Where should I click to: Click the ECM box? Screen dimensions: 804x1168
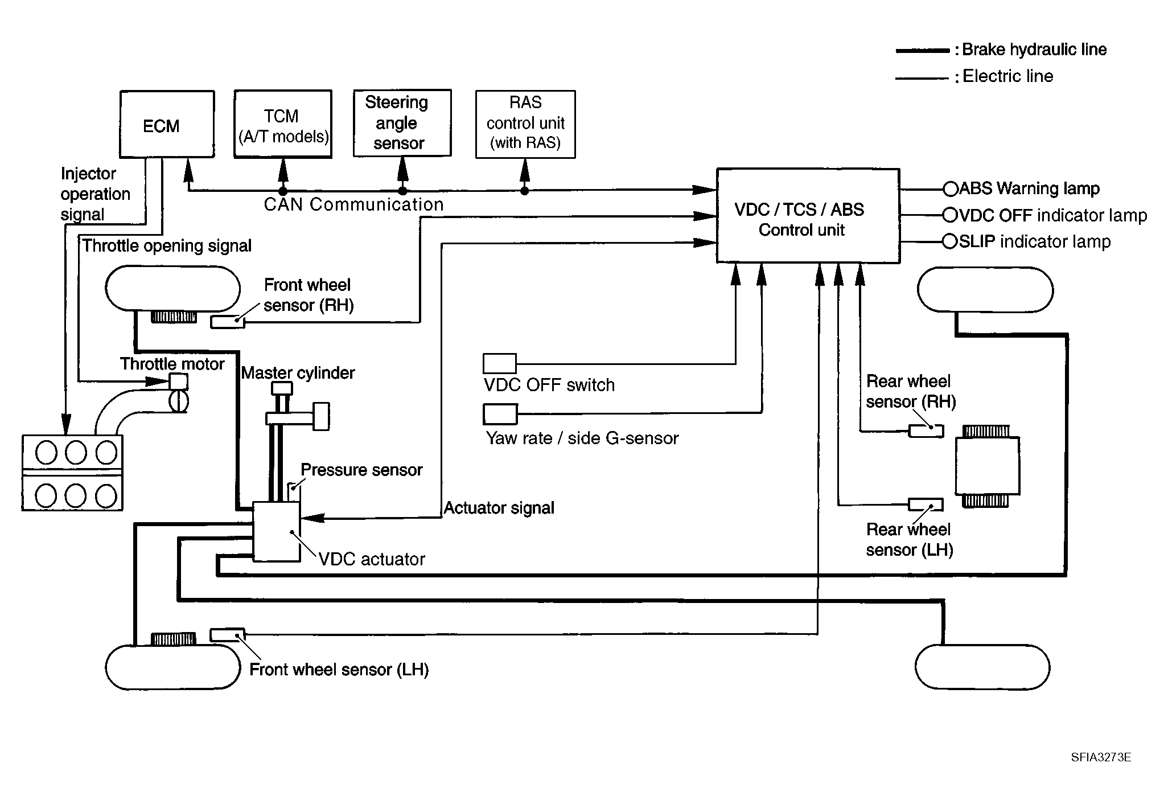click(x=167, y=124)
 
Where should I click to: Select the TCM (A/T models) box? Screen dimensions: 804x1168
click(x=283, y=124)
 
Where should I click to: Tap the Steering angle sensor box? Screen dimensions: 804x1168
click(x=402, y=123)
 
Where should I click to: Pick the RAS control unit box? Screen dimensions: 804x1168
click(x=525, y=124)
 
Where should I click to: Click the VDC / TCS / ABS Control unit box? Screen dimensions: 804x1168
click(x=808, y=216)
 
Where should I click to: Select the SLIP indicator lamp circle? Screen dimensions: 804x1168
click(x=950, y=241)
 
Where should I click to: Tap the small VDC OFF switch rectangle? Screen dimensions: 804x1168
click(x=499, y=363)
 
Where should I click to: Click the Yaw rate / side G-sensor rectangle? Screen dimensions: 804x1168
click(x=500, y=414)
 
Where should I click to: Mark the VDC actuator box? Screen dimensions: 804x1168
click(x=276, y=531)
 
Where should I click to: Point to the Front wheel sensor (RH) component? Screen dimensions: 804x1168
click(x=228, y=322)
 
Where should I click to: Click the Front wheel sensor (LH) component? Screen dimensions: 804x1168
click(x=227, y=634)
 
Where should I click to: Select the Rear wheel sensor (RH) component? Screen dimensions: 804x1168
click(x=926, y=431)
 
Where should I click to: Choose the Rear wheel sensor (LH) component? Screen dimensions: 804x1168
click(x=925, y=504)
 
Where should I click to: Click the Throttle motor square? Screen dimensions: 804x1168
click(x=179, y=382)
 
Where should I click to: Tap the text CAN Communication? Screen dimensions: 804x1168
click(x=353, y=204)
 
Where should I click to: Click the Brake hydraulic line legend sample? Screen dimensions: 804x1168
click(x=923, y=51)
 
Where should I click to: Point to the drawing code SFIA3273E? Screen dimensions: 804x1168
click(x=1101, y=757)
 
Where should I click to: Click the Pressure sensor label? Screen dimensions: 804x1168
click(x=361, y=470)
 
